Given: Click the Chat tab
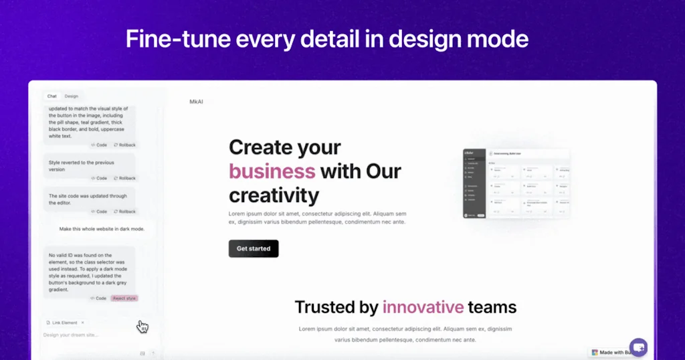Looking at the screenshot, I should click(x=52, y=96).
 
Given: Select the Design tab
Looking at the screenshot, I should click(x=71, y=96).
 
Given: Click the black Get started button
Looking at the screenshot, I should click(x=254, y=248).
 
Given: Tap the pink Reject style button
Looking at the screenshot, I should click(x=124, y=298).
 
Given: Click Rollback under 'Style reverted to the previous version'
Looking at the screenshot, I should click(x=124, y=178).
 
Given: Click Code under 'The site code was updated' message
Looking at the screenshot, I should click(x=98, y=211).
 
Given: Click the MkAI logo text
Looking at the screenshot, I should click(x=196, y=102).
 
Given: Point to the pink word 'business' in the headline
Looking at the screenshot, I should click(x=272, y=171).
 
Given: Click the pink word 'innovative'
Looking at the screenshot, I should click(x=423, y=307).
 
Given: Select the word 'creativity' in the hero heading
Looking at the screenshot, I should click(x=274, y=195).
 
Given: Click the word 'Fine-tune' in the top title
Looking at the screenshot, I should click(x=177, y=39).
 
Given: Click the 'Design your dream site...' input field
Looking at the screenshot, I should click(x=87, y=335).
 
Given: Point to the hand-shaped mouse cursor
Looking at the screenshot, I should click(x=142, y=327).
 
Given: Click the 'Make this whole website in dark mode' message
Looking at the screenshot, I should click(x=102, y=229).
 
